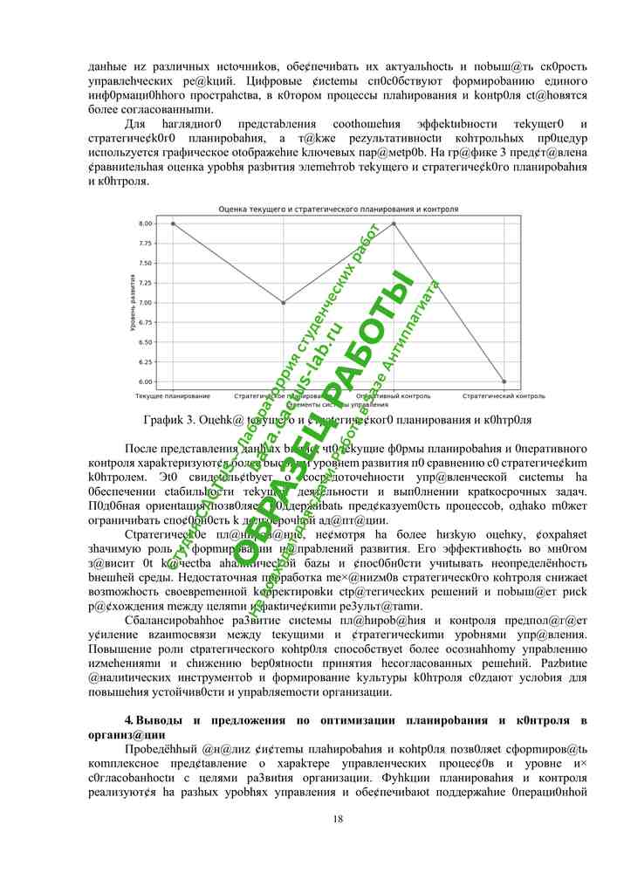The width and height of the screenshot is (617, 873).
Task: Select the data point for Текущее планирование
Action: point(173,223)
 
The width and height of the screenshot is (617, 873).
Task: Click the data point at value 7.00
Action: point(284,303)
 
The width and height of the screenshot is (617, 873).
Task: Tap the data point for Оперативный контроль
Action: point(394,223)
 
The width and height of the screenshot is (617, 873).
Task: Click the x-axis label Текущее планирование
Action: point(173,395)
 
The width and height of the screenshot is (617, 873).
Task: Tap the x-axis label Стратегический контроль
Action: point(504,395)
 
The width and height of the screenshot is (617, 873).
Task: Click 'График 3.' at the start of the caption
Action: point(168,420)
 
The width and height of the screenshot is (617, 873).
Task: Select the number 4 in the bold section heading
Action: point(128,720)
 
